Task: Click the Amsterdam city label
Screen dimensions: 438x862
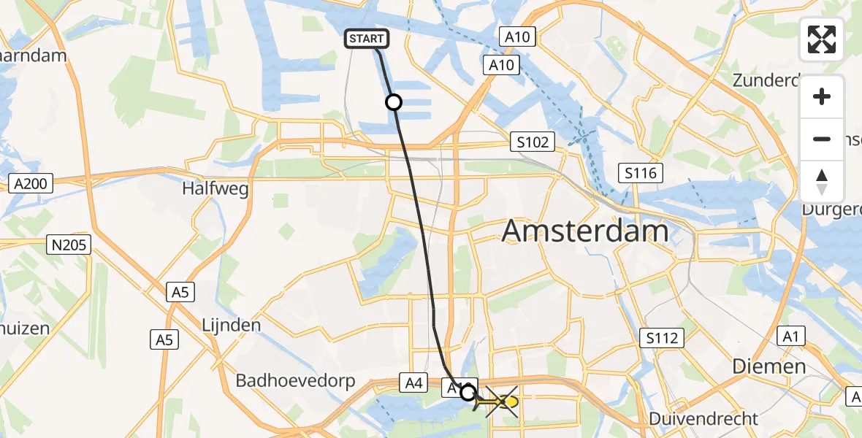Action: (x=585, y=231)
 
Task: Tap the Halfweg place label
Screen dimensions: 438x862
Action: (x=215, y=190)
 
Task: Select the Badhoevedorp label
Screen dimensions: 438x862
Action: (x=295, y=380)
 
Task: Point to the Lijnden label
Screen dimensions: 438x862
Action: (x=232, y=324)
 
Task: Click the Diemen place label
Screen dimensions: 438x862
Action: (x=770, y=366)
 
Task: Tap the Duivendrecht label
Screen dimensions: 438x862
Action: (x=707, y=419)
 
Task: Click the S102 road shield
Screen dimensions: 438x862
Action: (x=533, y=142)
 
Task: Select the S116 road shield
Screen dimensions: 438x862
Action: (x=641, y=173)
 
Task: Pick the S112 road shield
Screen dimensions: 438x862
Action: (x=663, y=337)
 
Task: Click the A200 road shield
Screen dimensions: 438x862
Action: (x=31, y=183)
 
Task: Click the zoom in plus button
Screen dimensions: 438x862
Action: (x=822, y=97)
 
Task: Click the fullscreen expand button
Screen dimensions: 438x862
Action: (x=822, y=40)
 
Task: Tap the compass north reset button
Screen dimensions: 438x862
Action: (x=822, y=182)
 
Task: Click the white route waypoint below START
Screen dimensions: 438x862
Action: (x=394, y=102)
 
